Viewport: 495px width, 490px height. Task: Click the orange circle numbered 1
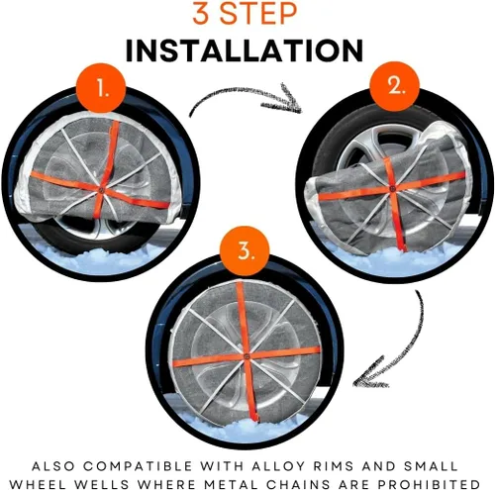point(101,88)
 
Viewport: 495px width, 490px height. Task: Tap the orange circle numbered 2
point(395,86)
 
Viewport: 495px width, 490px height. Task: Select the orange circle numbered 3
point(245,250)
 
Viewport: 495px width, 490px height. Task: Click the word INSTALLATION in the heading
point(245,50)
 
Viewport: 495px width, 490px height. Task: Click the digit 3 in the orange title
point(202,13)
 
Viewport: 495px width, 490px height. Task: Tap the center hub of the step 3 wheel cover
point(247,356)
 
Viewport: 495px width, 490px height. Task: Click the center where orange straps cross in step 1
point(101,190)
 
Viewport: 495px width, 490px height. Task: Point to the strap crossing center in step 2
point(392,189)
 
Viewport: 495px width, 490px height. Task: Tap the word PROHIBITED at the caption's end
point(429,484)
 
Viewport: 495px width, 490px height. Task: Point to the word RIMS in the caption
point(334,466)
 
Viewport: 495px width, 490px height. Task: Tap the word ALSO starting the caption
point(53,466)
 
